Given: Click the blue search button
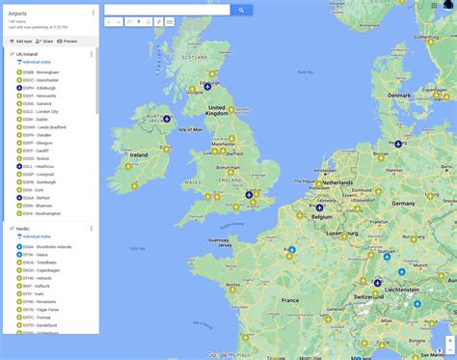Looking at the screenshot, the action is [241, 10].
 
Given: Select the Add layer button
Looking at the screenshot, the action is [21, 42].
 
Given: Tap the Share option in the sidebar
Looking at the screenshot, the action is [44, 42].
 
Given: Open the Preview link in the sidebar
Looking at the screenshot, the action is [68, 42].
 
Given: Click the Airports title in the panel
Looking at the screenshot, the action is [18, 14].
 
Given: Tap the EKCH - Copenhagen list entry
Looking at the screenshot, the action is [42, 270].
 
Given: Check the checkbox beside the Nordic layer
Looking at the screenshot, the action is [12, 229].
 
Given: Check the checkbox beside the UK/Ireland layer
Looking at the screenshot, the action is [12, 54].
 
